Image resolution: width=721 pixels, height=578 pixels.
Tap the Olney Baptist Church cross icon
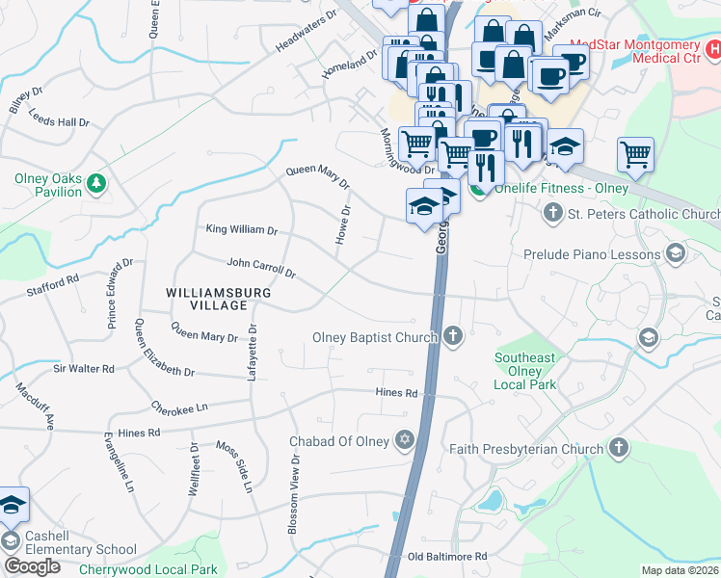coord(454,337)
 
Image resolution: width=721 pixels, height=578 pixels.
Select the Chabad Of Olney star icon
coord(405,441)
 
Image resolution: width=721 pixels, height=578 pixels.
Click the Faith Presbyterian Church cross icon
coord(619,448)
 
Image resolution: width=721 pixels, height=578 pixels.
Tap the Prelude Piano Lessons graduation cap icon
coord(676,255)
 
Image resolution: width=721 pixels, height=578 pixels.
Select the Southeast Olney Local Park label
coord(525,371)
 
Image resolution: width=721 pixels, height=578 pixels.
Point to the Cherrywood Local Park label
coord(148,569)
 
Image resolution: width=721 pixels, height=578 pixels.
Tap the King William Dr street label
coord(242,230)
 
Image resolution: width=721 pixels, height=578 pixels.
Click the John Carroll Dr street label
coord(260,267)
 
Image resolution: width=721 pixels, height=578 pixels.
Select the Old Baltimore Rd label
coord(447,557)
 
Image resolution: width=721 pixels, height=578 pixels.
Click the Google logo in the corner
coord(32,566)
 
